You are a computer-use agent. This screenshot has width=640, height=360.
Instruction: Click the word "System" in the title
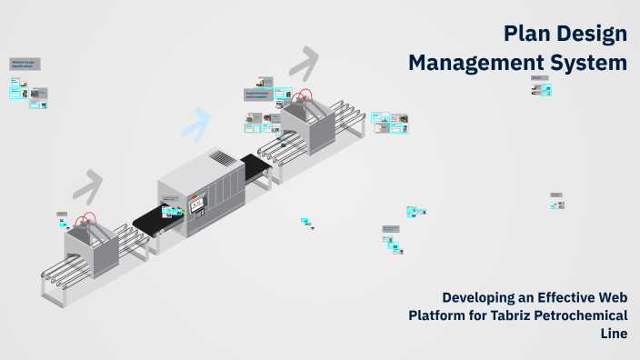pos(593,63)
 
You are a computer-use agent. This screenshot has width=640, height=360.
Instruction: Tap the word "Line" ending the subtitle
pos(614,334)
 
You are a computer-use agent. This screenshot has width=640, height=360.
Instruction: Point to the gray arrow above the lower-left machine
pos(89,186)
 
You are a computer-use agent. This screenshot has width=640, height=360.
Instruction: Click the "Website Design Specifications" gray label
pos(24,64)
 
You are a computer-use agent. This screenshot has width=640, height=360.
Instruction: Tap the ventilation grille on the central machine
pos(223,159)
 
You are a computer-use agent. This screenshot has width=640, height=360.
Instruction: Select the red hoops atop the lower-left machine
pos(87,221)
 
